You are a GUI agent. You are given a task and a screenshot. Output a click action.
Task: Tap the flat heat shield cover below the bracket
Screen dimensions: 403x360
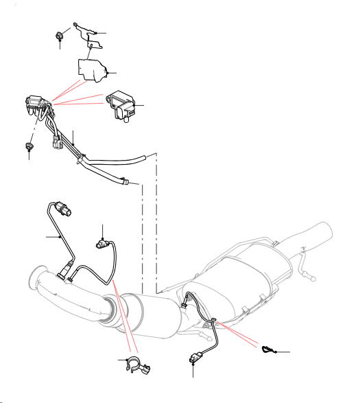pos(92,69)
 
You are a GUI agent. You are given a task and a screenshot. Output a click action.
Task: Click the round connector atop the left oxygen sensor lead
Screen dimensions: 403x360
pos(65,206)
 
